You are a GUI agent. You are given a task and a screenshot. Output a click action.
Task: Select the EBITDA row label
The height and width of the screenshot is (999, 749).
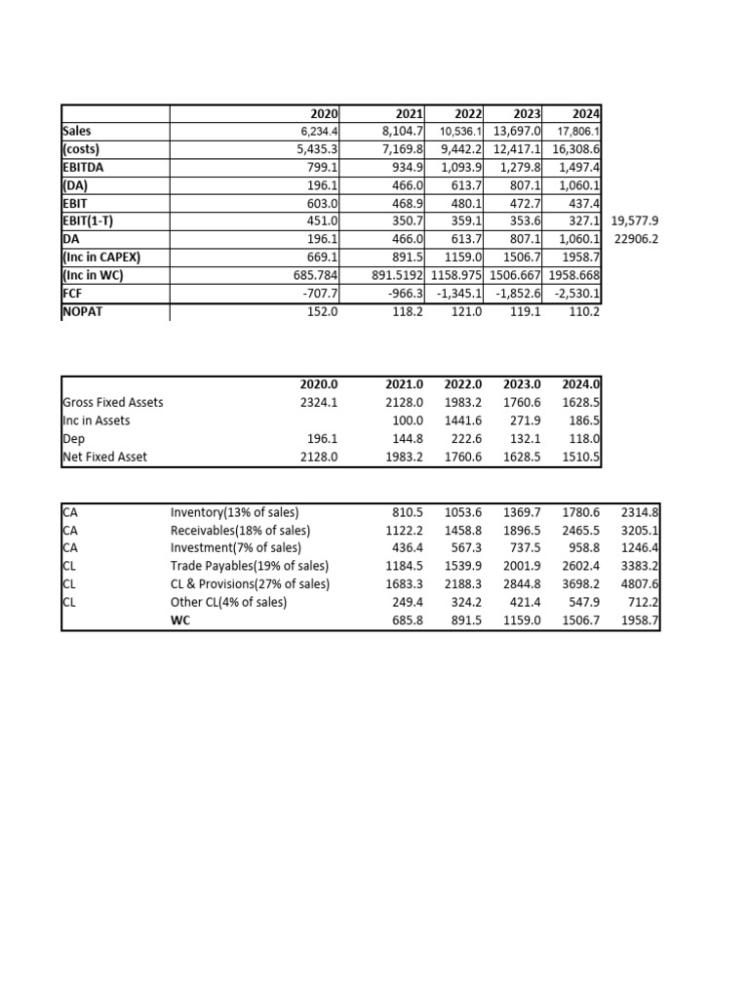pyautogui.click(x=85, y=166)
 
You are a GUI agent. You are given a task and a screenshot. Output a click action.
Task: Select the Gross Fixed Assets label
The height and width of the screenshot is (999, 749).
pyautogui.click(x=113, y=403)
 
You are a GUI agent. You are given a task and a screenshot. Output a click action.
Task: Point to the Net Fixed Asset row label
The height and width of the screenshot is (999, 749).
pyautogui.click(x=104, y=457)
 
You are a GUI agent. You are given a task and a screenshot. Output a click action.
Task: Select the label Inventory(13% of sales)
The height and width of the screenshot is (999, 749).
pyautogui.click(x=235, y=512)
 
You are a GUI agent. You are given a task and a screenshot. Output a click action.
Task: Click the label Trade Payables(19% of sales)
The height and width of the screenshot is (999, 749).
pyautogui.click(x=250, y=566)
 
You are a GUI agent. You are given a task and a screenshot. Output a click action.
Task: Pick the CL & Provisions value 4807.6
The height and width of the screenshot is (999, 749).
pyautogui.click(x=640, y=583)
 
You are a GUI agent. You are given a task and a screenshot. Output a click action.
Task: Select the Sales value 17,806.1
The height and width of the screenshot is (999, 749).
pyautogui.click(x=577, y=131)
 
